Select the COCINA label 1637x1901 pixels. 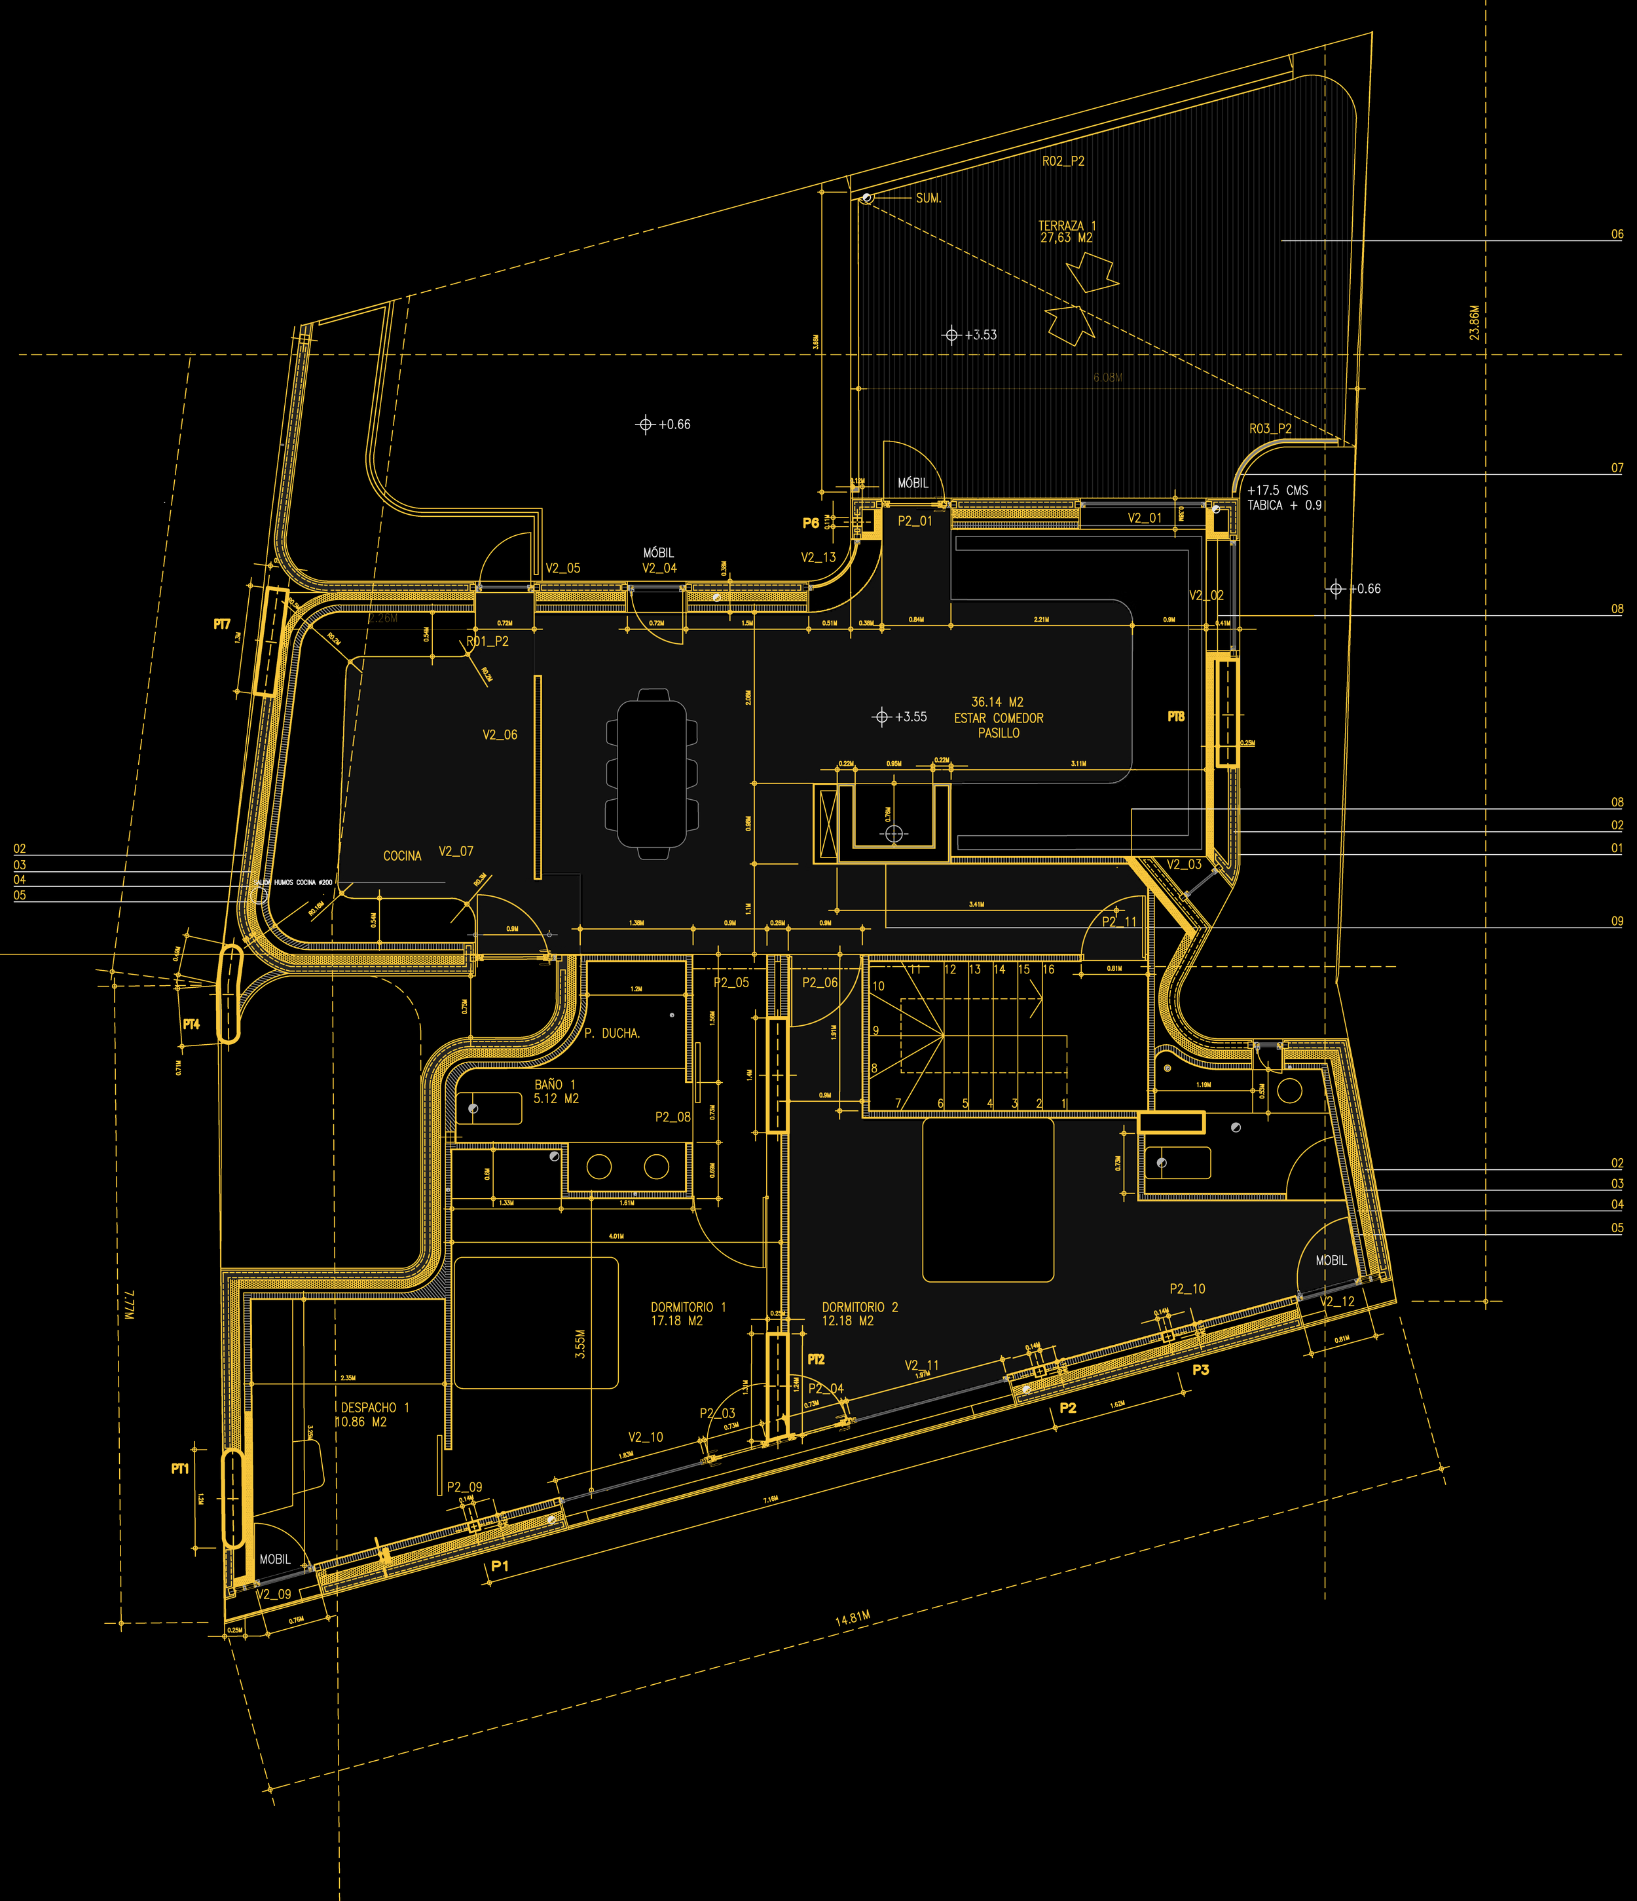click(401, 856)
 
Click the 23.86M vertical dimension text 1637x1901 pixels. click(1474, 323)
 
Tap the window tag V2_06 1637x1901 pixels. click(500, 735)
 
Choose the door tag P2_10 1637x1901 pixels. click(1186, 1289)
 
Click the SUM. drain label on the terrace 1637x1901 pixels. click(928, 198)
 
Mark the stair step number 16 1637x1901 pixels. click(1048, 969)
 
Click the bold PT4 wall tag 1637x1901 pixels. click(191, 1024)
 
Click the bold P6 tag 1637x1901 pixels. click(811, 523)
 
